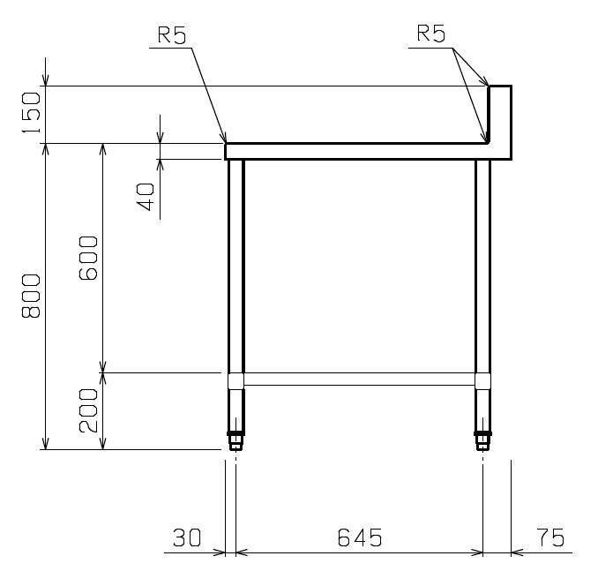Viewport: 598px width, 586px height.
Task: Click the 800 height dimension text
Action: pos(31,296)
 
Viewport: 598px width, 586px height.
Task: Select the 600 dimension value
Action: pos(88,258)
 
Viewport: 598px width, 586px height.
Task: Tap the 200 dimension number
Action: pos(88,410)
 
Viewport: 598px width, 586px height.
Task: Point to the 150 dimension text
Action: pos(31,113)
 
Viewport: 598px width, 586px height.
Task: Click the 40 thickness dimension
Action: pos(146,197)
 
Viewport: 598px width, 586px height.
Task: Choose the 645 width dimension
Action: pos(360,537)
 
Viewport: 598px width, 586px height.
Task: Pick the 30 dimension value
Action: pos(187,537)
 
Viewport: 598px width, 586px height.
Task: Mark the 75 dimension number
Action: pos(550,537)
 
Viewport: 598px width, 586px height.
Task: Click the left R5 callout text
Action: pos(172,35)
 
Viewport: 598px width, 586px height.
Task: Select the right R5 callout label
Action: pos(431,33)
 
